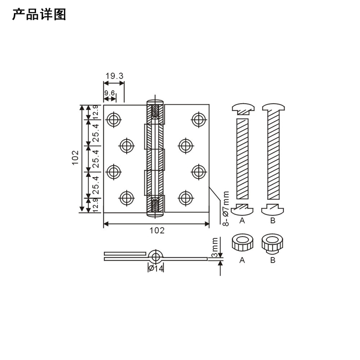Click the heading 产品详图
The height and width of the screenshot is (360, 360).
coord(39,15)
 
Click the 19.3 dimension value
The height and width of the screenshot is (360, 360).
coord(115,76)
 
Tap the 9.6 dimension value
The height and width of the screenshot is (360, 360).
coord(109,93)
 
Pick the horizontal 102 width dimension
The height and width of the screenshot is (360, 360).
coord(157,230)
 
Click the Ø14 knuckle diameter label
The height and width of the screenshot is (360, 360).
coord(156,268)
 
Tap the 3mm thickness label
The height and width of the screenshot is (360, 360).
coord(215,248)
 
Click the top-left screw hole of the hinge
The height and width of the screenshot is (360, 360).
coord(114,120)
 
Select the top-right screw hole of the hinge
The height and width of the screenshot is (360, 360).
coord(197,120)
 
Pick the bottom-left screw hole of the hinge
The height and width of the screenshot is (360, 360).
coord(126,197)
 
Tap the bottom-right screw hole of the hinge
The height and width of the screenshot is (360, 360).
coord(185,197)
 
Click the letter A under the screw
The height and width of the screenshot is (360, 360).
coord(242,221)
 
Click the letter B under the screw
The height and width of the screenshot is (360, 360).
coord(273,221)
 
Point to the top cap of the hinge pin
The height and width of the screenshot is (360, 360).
coord(155,102)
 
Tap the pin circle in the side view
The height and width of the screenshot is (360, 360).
coord(156,255)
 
